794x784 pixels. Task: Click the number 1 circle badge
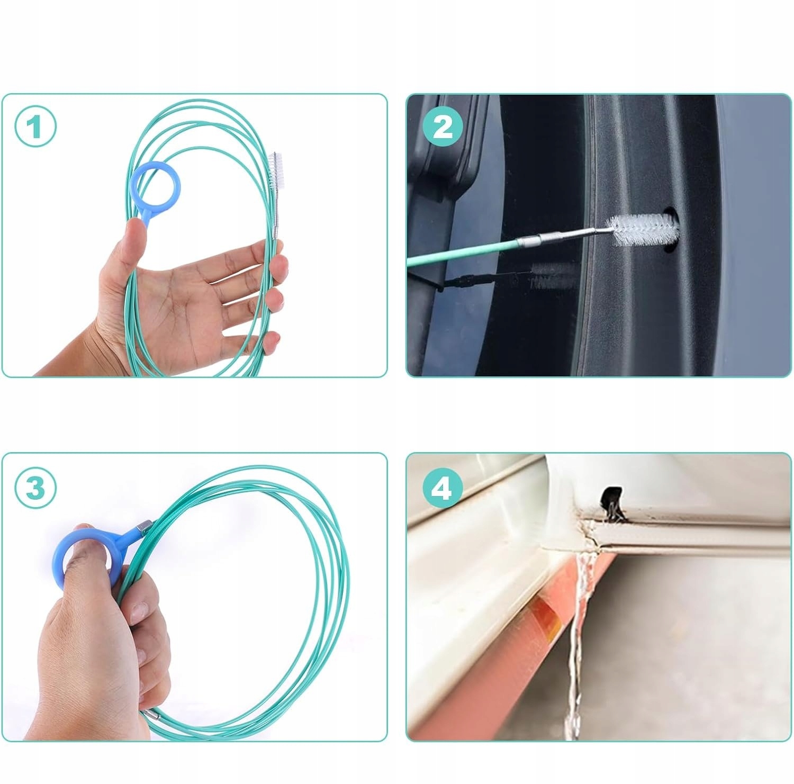coord(35,127)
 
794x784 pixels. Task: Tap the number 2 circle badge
coord(443,127)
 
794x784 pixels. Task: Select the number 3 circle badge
coord(35,487)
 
